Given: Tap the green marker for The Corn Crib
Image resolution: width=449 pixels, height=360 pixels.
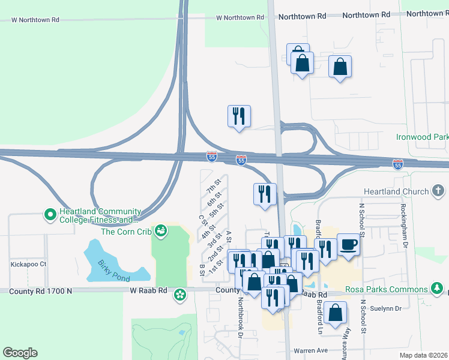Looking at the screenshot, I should (160, 230).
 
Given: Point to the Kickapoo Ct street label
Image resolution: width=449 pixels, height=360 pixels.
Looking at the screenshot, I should (28, 264).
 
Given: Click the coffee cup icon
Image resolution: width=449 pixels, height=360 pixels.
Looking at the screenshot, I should (349, 245).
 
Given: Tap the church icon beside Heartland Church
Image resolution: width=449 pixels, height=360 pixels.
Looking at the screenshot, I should (439, 191).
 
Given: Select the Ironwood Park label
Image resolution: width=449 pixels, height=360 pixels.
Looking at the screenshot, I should (421, 137).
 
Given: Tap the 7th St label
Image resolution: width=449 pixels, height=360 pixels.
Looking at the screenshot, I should (214, 186).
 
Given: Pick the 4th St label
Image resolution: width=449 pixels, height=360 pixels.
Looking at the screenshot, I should (208, 230).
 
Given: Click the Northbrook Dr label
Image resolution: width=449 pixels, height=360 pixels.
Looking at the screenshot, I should (240, 314).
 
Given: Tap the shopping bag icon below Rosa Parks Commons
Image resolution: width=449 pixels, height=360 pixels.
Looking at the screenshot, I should (334, 312).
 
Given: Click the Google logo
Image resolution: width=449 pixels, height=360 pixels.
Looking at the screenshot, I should (20, 353).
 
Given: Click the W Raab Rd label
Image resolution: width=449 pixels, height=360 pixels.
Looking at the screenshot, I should (148, 290).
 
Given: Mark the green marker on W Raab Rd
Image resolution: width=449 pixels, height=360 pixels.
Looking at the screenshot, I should (179, 295).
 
